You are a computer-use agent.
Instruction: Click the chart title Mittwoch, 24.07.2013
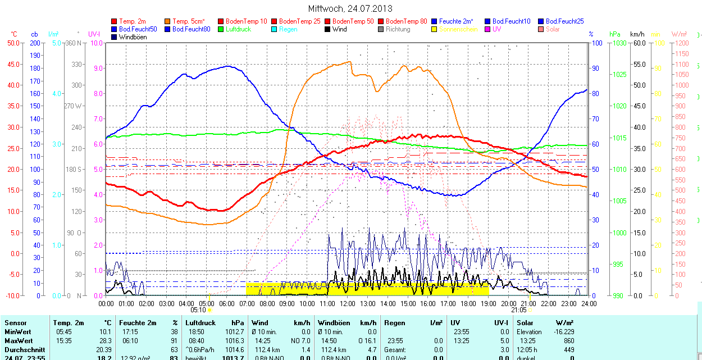tap(350, 8)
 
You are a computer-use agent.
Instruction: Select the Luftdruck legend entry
tap(238, 29)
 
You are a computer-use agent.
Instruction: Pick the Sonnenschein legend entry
tap(458, 29)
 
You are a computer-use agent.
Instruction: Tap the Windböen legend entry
tap(133, 37)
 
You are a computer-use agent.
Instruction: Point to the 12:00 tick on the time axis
tap(347, 303)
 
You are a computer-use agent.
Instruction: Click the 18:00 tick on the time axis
tap(468, 303)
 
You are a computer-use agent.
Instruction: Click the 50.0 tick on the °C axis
tap(12, 43)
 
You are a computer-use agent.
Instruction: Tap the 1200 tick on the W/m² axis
tap(681, 43)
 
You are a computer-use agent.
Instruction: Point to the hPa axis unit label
tap(614, 34)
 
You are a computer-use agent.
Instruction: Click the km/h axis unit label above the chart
tap(637, 34)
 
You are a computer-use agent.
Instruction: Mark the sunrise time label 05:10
tap(198, 309)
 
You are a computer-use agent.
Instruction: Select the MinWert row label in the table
tap(19, 332)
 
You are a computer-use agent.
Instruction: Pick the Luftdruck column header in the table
tap(200, 323)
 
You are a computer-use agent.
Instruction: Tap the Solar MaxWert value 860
tap(568, 341)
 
